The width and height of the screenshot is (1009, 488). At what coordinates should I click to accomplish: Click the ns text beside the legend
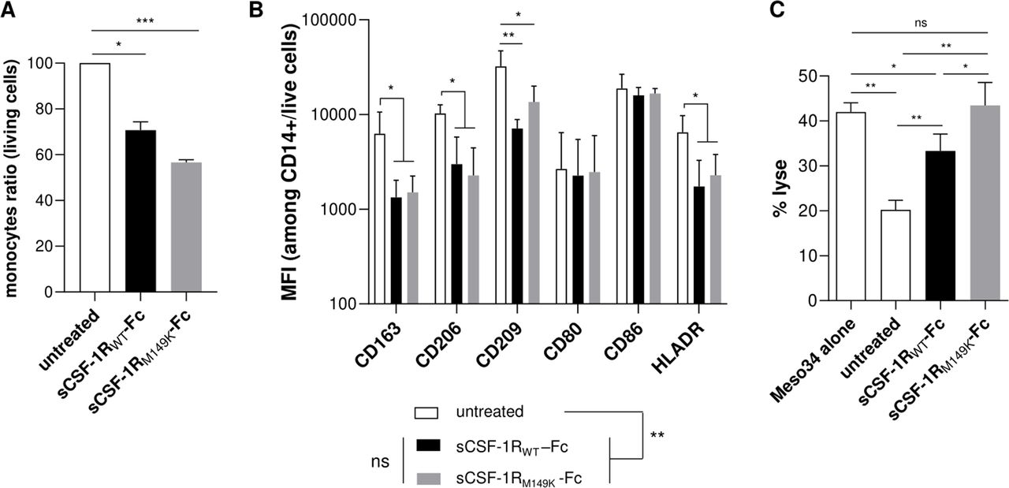point(381,461)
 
